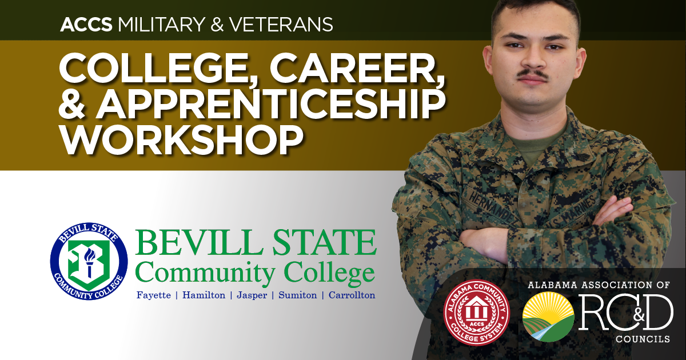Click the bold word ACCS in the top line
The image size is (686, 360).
click(86, 25)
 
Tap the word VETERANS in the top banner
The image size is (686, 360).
click(281, 25)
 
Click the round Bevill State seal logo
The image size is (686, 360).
click(89, 261)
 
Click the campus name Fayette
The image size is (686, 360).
click(154, 295)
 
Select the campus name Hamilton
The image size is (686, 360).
click(204, 295)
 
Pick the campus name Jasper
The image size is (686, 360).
click(252, 295)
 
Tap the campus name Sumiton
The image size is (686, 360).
click(298, 295)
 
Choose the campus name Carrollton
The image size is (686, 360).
click(352, 295)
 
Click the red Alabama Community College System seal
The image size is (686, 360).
click(477, 313)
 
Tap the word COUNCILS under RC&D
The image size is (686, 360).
click(643, 339)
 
